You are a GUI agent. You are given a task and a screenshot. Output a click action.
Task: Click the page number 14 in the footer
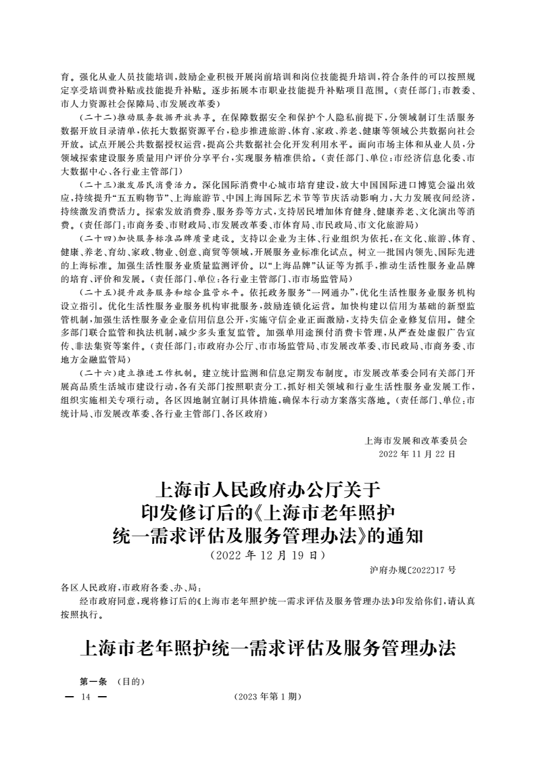point(84,696)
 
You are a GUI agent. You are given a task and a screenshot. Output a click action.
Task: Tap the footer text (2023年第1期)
point(267,696)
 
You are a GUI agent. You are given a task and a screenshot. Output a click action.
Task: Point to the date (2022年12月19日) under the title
point(267,555)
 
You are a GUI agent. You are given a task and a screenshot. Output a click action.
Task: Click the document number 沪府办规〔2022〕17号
point(413,570)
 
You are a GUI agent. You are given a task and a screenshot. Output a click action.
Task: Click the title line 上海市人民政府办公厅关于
point(268,489)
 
